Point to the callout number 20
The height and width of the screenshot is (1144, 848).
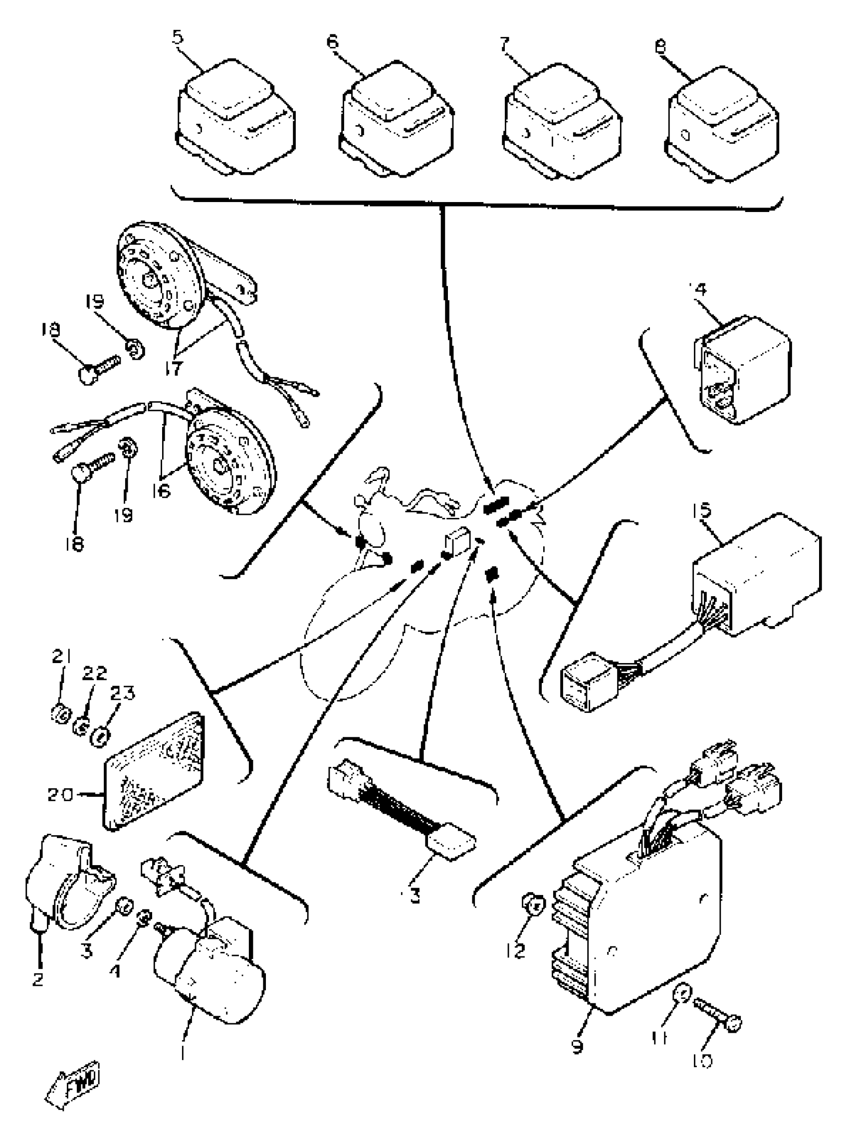(x=60, y=795)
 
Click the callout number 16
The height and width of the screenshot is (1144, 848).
(x=161, y=491)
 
